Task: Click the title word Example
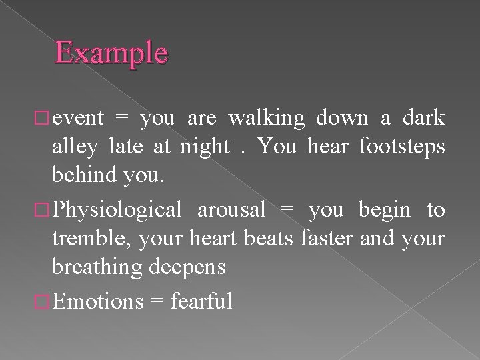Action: pyautogui.click(x=111, y=53)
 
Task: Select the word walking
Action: pyautogui.click(x=267, y=118)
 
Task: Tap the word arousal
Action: pyautogui.click(x=230, y=210)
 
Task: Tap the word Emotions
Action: pyautogui.click(x=97, y=301)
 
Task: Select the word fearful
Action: pyautogui.click(x=201, y=301)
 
